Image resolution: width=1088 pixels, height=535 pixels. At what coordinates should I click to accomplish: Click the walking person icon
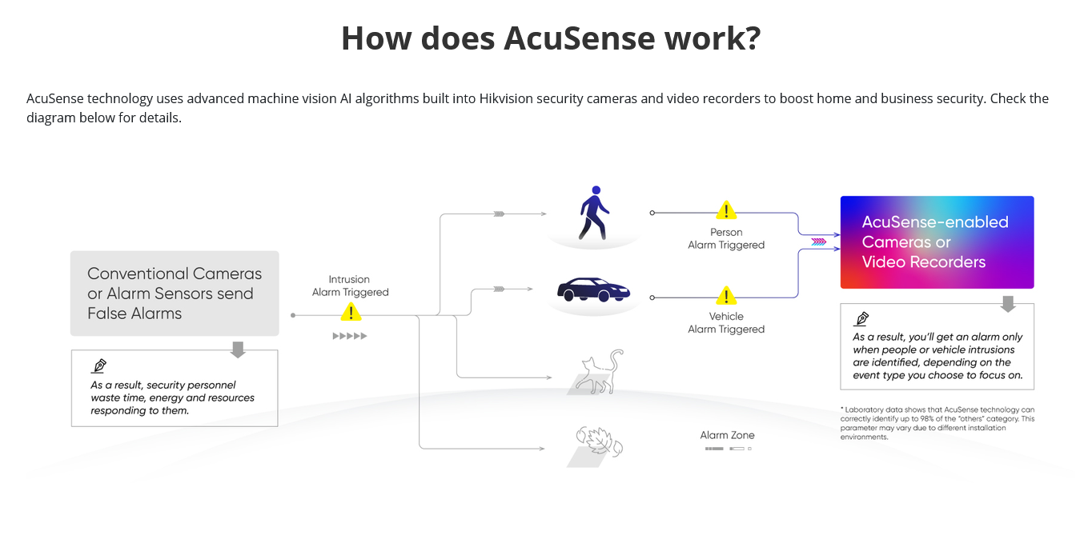tap(593, 213)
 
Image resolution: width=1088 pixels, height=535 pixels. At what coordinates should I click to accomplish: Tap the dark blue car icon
tap(593, 289)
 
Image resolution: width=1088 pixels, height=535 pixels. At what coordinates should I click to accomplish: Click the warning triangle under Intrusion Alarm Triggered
tap(351, 312)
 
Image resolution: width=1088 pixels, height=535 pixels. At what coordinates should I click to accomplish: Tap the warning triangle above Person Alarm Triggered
tap(726, 210)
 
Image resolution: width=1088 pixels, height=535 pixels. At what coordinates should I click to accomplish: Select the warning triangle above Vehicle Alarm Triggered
tap(726, 295)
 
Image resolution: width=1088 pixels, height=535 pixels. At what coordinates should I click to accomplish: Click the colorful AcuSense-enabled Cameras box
tap(937, 242)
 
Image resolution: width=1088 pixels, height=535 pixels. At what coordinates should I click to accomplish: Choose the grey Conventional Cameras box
tap(175, 293)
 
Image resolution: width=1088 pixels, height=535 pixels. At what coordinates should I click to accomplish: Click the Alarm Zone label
tap(727, 435)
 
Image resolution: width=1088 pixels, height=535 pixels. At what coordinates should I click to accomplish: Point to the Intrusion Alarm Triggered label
tap(350, 285)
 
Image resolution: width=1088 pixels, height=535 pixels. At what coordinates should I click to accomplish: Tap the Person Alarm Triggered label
tap(726, 238)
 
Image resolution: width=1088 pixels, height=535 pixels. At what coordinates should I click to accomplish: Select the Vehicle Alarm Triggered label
tap(726, 322)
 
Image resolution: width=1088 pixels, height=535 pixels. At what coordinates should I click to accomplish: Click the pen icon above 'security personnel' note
tap(99, 365)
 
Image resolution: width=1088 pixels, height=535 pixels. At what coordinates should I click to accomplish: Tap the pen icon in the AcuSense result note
tap(861, 318)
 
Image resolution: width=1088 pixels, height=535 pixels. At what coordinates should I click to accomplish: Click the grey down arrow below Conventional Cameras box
tap(238, 349)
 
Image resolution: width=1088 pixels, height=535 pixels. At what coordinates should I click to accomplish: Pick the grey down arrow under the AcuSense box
tap(1008, 304)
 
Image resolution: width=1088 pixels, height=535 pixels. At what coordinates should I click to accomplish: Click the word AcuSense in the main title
tap(580, 38)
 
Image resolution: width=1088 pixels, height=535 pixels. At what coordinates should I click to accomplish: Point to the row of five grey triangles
tap(350, 336)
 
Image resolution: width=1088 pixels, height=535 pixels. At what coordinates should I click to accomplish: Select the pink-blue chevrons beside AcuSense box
tap(819, 242)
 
